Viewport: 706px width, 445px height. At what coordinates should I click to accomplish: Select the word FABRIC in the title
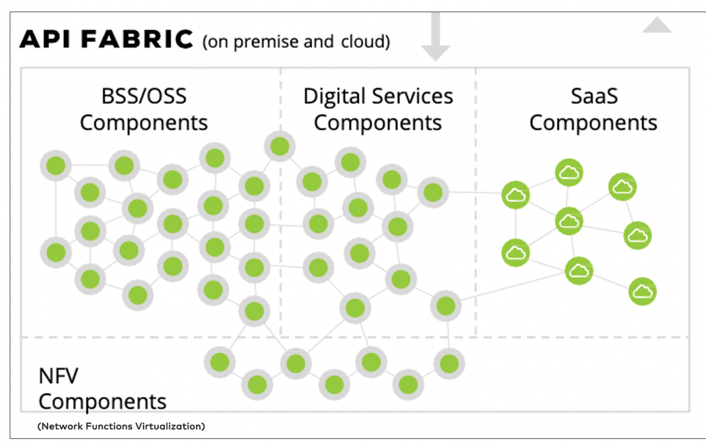(x=137, y=40)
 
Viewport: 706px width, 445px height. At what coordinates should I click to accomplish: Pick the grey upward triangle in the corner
(x=657, y=25)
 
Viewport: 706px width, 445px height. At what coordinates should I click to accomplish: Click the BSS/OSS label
(x=144, y=96)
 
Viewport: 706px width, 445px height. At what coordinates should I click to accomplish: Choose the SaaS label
(x=593, y=96)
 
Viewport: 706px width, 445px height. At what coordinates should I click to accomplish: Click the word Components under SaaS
(x=593, y=123)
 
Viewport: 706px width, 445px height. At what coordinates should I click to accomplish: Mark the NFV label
(x=58, y=376)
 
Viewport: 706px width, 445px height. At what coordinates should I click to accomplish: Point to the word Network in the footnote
(x=60, y=426)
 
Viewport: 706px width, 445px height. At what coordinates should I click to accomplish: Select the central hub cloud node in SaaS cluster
(x=569, y=221)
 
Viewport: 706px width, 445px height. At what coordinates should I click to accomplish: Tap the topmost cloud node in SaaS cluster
(x=569, y=173)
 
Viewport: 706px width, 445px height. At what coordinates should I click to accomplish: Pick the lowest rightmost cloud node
(x=642, y=291)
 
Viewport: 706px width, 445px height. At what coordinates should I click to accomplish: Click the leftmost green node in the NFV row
(x=220, y=362)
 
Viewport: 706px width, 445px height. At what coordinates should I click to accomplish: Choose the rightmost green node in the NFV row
(x=449, y=364)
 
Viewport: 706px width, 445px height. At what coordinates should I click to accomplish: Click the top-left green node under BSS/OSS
(x=56, y=165)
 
